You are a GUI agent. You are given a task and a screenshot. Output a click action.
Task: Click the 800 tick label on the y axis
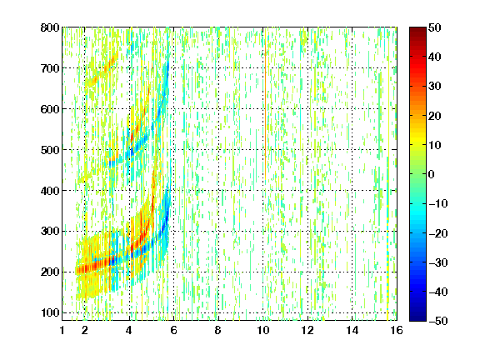tap(50, 27)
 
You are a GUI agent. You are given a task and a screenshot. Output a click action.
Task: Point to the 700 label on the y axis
tap(50, 68)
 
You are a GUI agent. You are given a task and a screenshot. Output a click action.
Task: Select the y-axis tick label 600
tap(50, 109)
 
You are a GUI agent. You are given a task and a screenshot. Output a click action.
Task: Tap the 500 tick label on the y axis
tap(50, 150)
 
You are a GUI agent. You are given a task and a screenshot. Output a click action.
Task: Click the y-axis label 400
tap(50, 191)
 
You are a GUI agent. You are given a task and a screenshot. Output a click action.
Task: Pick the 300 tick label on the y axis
tap(50, 231)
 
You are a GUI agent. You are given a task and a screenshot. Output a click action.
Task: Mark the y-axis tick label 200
tap(50, 272)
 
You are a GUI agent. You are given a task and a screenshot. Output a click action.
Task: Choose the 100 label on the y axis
tap(50, 312)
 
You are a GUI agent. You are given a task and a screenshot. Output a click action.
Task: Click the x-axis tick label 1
tap(62, 330)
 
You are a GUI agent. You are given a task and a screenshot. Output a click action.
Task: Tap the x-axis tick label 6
tap(173, 330)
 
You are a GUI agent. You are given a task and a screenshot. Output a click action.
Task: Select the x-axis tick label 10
tap(263, 330)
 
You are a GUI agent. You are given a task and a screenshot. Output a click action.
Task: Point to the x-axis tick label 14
tap(352, 330)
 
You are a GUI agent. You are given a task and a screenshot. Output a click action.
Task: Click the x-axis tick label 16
tap(397, 330)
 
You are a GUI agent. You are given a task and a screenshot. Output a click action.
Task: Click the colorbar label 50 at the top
tap(435, 27)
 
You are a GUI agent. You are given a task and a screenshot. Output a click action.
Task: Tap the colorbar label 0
tap(432, 174)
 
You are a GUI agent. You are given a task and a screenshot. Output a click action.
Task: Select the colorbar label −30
tap(438, 262)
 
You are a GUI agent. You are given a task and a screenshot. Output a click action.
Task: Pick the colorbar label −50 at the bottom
tap(438, 321)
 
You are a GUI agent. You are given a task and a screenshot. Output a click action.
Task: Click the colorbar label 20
tap(435, 116)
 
